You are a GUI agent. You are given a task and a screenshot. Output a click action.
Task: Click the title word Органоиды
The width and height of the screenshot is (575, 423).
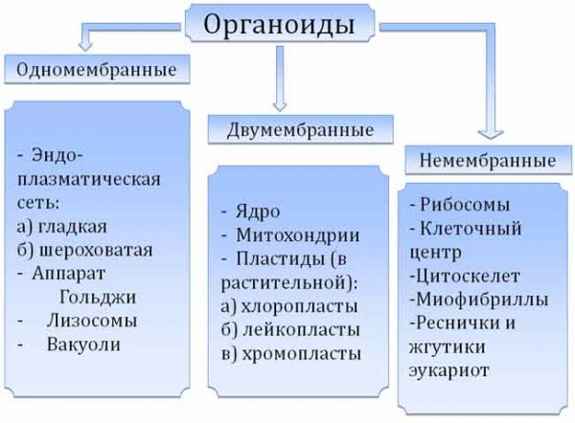(279, 26)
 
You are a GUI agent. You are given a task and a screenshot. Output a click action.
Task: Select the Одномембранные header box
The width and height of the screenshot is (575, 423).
(97, 69)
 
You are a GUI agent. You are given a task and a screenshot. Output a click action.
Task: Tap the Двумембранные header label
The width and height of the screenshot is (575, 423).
(300, 130)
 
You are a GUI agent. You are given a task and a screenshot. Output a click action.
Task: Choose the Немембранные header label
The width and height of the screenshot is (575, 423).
(488, 160)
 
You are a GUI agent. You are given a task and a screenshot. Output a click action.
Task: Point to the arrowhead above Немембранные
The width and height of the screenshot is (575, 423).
(491, 134)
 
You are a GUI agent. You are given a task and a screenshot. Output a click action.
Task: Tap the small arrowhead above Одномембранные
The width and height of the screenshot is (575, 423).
(85, 46)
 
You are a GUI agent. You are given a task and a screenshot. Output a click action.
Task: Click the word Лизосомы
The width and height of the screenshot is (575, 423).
(92, 321)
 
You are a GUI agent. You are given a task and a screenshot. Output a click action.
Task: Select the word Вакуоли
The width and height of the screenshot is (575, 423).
(83, 345)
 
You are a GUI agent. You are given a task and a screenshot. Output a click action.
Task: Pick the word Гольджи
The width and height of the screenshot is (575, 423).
(98, 298)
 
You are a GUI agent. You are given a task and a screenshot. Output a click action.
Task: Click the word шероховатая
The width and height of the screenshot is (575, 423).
(95, 251)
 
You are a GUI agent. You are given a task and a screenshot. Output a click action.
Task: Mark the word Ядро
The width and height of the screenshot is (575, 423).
(258, 212)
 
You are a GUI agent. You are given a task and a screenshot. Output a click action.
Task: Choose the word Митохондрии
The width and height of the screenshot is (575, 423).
(298, 235)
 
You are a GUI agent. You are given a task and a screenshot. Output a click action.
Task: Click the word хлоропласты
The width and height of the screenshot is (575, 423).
(299, 306)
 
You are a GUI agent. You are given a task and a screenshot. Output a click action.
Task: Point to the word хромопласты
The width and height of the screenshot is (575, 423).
(302, 354)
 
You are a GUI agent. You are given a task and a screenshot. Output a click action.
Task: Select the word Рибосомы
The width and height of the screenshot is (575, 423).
(465, 205)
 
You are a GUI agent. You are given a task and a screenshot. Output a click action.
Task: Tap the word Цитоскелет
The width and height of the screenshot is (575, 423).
(468, 276)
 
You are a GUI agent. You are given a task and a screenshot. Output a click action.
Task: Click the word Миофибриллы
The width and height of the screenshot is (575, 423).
(482, 300)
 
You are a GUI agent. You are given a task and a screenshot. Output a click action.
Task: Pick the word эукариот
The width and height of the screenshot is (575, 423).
(448, 370)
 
